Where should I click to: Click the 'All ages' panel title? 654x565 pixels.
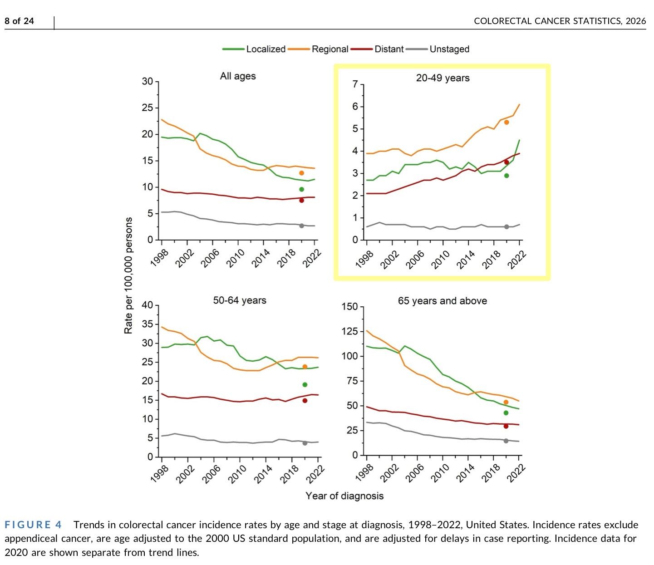click(238, 76)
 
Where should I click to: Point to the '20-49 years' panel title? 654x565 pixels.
click(443, 78)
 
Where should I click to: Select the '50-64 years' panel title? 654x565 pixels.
click(240, 300)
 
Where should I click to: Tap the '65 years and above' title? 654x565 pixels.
click(442, 301)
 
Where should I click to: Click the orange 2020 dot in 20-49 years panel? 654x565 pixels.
click(506, 122)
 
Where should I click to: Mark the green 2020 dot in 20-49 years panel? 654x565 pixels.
click(506, 176)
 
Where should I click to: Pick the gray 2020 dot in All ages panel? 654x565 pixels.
click(301, 226)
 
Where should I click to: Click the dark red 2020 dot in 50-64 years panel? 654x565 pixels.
click(305, 400)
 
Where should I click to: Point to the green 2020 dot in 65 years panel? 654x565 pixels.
click(506, 413)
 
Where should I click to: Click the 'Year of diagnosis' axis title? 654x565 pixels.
click(344, 496)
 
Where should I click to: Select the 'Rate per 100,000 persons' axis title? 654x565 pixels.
click(128, 275)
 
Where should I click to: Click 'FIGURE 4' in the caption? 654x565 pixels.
click(33, 525)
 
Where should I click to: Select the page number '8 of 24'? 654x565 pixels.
click(19, 21)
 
